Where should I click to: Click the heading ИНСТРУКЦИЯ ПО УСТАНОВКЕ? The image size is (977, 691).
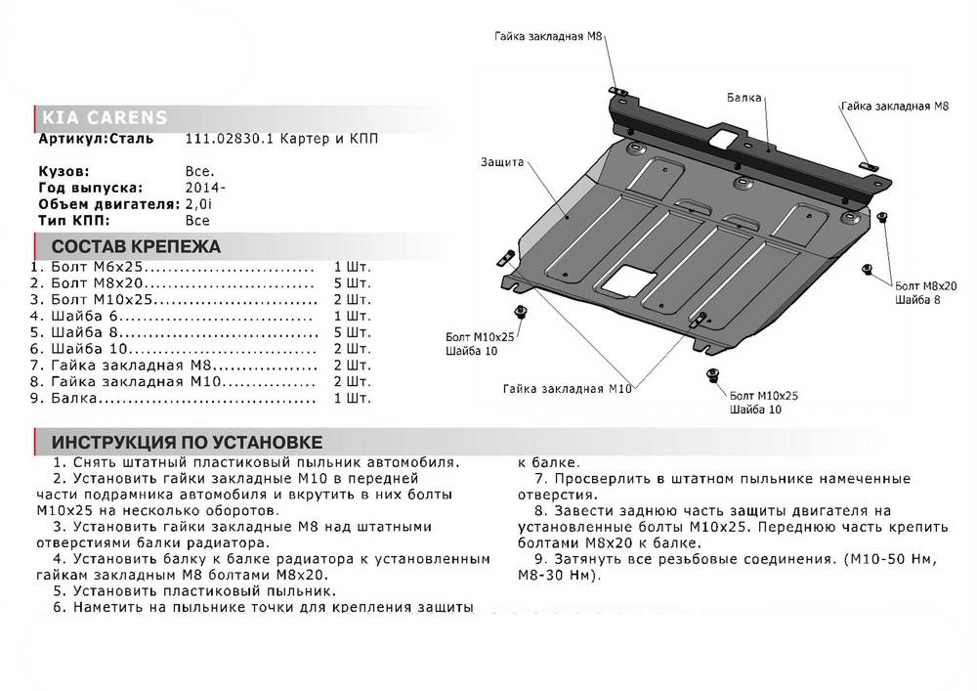(187, 442)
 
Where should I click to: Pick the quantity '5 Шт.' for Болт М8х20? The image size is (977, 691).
(352, 282)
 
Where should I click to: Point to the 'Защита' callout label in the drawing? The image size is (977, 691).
(503, 161)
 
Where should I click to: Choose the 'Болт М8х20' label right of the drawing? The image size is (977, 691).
(924, 283)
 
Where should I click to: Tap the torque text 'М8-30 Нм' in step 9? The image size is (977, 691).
(559, 576)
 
